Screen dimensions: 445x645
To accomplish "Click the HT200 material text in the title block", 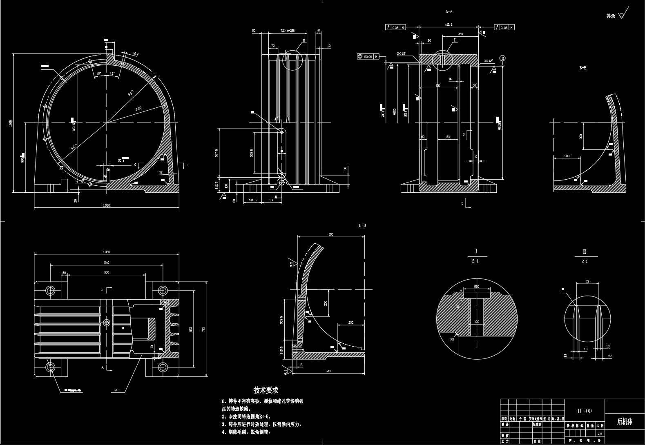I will point(584,411).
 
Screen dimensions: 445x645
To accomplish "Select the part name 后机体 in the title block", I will point(624,422).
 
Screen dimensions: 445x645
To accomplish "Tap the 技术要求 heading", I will point(266,390).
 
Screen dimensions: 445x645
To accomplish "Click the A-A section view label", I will point(449,12).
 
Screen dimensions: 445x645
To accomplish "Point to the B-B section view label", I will point(583,68).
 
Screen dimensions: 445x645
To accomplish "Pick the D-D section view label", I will point(362,225).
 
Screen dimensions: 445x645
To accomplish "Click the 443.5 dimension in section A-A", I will point(448,24).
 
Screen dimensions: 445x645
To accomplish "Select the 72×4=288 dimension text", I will point(288,31).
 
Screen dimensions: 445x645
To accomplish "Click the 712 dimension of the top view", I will point(203,329).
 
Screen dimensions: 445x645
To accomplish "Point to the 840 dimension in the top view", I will point(107,263).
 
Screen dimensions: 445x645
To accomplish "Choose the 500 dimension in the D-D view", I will point(331,234).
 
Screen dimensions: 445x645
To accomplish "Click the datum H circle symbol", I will point(502,58).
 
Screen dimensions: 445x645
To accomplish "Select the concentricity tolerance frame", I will point(368,56).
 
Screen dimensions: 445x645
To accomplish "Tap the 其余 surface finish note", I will point(611,16).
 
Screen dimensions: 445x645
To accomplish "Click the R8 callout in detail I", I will point(452,339).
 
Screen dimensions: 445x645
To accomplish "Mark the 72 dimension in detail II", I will point(587,281).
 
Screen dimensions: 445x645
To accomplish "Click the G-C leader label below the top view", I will point(116,390).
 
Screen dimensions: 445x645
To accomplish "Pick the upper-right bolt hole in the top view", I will point(163,291).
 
